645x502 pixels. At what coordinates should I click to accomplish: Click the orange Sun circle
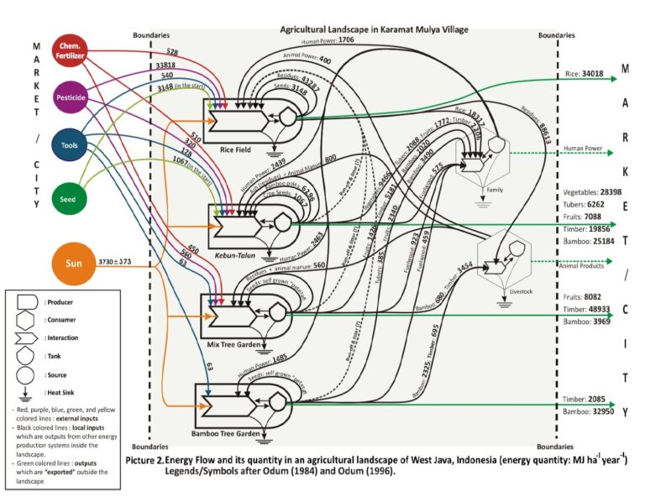click(71, 264)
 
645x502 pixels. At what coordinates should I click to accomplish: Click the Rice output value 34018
click(591, 74)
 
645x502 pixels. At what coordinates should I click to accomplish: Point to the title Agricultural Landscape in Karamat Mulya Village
click(374, 29)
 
